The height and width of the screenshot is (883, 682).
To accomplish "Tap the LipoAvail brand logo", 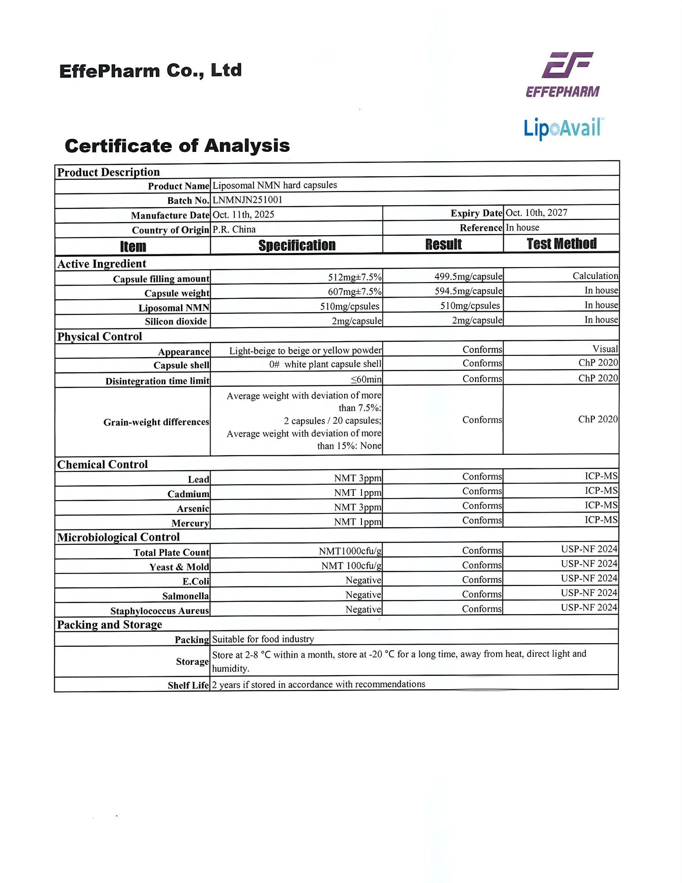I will point(563,128).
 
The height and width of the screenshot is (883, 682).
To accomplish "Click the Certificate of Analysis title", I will point(177,146).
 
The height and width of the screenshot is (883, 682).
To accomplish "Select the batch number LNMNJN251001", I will point(247,200).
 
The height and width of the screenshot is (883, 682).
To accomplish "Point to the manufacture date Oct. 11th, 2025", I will point(243,215).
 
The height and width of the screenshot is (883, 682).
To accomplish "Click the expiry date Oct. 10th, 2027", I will point(536,213).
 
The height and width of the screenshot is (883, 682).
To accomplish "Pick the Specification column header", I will point(297,245).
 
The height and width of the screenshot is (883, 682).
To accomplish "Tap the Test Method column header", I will point(561,244).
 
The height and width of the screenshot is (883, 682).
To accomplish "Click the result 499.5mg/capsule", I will point(468,276).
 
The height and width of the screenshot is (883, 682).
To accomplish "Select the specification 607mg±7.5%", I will point(354,291).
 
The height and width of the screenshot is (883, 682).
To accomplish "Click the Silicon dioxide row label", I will point(176,321).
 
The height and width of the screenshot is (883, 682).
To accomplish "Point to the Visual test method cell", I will point(605,349).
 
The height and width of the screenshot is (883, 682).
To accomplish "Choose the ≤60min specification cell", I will point(366,379).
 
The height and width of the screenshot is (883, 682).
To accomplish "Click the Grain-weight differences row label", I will point(156,422).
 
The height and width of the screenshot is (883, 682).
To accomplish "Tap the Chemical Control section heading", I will point(102,464).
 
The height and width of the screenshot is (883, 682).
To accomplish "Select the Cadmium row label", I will point(188,494).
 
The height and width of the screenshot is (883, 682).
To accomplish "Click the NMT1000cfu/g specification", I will point(350,551).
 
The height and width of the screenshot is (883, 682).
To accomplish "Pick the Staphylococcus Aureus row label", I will point(159,611).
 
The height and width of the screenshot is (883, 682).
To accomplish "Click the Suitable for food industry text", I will point(263,639).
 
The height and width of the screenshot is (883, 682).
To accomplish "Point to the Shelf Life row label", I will point(188,685).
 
